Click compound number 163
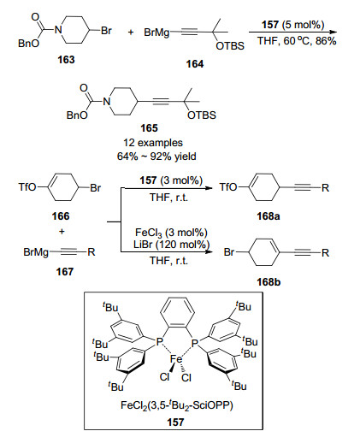(x=66, y=60)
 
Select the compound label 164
(x=195, y=64)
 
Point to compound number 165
(x=149, y=128)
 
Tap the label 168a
(x=269, y=216)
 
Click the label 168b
(x=269, y=282)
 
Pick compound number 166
(x=61, y=216)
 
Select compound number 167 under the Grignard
(x=65, y=271)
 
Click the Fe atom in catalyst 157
(x=176, y=359)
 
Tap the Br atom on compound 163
(x=106, y=31)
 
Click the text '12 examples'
(x=153, y=143)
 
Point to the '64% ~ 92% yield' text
(x=156, y=156)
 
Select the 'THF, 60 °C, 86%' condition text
(x=297, y=41)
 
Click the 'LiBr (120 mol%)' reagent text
(x=171, y=245)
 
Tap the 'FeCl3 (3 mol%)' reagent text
(x=171, y=233)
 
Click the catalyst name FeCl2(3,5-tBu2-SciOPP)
(x=177, y=405)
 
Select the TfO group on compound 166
(x=27, y=187)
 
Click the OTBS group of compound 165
(x=202, y=115)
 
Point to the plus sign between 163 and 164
(x=131, y=32)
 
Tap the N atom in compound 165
(x=106, y=101)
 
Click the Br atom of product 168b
(x=229, y=252)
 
